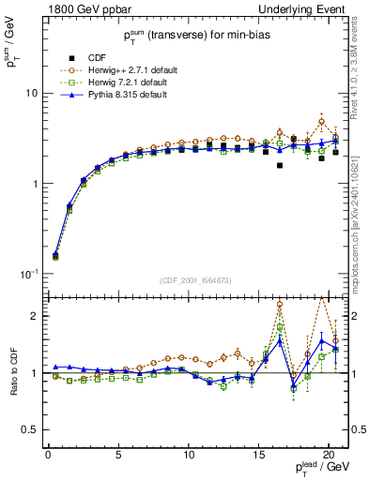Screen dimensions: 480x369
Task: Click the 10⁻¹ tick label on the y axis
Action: (27, 274)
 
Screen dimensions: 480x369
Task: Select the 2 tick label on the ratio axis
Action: (33, 316)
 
